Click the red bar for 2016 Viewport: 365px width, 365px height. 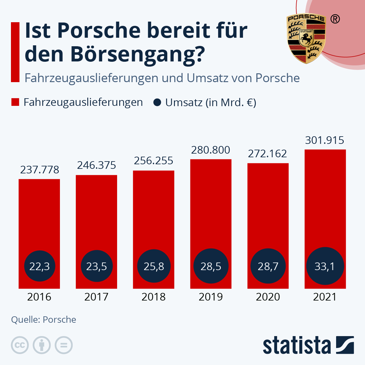(x=39, y=213)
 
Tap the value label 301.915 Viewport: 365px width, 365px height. (x=325, y=140)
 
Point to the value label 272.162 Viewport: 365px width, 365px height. (x=267, y=154)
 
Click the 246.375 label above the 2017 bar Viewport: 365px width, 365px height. (x=96, y=165)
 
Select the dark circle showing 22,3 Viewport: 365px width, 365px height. (x=40, y=266)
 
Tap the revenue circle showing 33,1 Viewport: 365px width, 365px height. (x=325, y=266)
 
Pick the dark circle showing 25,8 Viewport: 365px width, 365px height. (x=154, y=266)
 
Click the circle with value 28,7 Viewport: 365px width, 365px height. (x=268, y=266)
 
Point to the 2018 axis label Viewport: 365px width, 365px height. (x=154, y=297)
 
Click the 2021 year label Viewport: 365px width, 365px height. (x=325, y=297)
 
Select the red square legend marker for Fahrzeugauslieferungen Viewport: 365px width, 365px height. (x=15, y=102)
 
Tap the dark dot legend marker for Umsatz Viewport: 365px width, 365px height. (x=157, y=103)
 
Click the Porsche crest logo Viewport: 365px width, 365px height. (x=306, y=38)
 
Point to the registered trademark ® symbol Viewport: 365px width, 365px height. (x=335, y=19)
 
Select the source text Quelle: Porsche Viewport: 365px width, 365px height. (x=43, y=320)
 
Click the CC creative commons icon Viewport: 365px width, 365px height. (x=20, y=345)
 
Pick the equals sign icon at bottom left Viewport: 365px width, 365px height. (x=64, y=345)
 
